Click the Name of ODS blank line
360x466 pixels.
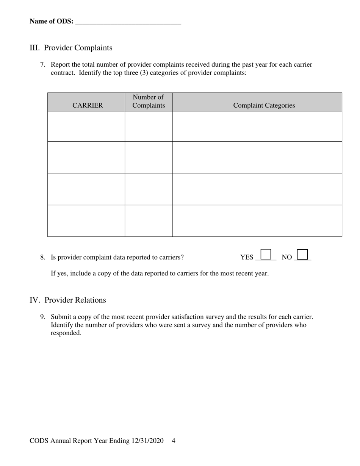(128, 22)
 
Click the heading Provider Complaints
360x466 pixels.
(78, 48)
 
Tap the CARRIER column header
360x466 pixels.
(88, 105)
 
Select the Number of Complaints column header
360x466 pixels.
(149, 102)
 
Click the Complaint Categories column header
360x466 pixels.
(264, 105)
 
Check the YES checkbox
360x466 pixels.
(266, 254)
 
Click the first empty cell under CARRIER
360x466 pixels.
(86, 127)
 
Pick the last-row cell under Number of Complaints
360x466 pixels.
(149, 221)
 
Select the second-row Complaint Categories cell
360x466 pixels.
(257, 157)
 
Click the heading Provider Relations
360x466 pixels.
(75, 300)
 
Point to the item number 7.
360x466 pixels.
(43, 64)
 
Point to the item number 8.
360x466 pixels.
(43, 257)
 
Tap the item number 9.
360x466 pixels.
(43, 317)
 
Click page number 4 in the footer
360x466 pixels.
(174, 441)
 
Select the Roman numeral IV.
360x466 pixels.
(34, 300)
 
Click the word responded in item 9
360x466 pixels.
(66, 333)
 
